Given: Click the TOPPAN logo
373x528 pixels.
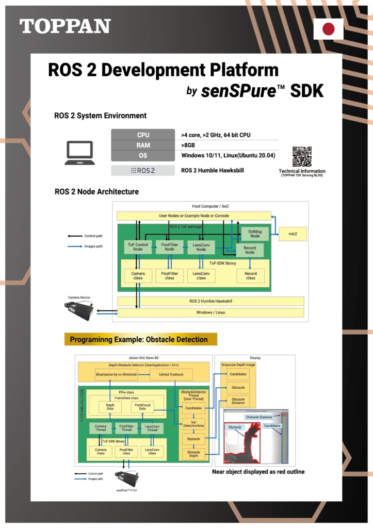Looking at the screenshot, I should (65, 26).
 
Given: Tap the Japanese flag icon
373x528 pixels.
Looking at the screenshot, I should (329, 29).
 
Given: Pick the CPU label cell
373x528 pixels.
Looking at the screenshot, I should (143, 135).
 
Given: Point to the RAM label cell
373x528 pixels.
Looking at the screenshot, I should (143, 145).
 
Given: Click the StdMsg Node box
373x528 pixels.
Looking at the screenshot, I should (254, 233).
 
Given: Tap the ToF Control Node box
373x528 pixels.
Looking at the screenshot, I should (138, 247).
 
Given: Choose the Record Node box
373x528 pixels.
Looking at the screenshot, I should (250, 250).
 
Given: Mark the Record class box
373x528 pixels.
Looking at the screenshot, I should (250, 276).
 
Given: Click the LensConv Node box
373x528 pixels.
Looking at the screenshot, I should (201, 247).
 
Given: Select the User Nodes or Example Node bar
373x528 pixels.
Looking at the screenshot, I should (193, 216).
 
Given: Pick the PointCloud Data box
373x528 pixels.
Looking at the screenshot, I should (142, 407).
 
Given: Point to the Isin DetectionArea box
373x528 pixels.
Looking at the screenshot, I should (193, 424).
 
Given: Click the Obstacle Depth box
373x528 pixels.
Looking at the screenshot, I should (193, 454).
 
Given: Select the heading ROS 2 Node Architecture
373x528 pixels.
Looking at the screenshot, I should (96, 192).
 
